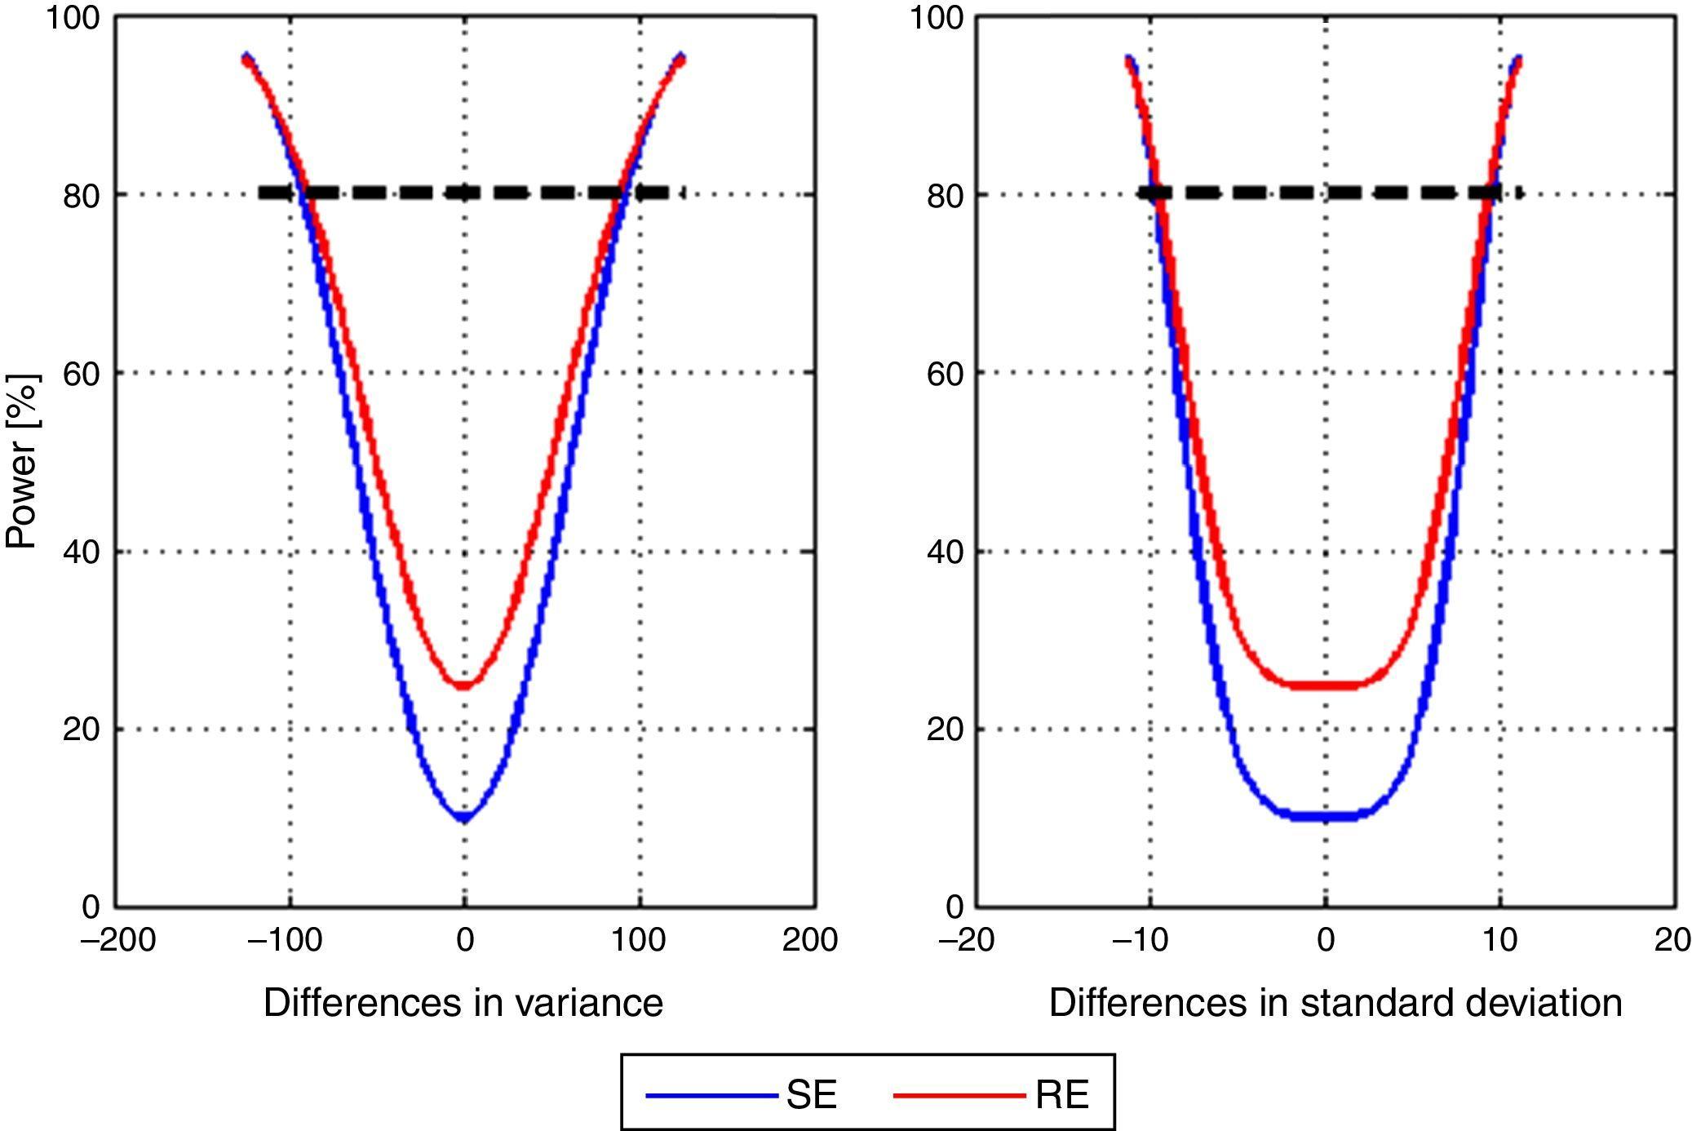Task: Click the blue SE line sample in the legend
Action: [711, 1095]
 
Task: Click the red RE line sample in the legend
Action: [959, 1095]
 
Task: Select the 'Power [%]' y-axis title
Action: [22, 461]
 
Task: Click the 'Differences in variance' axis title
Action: [463, 1002]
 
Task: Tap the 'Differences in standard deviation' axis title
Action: [1335, 1002]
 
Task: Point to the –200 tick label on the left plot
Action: [117, 940]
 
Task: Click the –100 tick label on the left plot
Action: [285, 940]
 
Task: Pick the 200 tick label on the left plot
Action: [809, 940]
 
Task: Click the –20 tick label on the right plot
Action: [966, 940]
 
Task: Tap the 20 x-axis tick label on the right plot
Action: [1672, 940]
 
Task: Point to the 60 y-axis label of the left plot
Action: [82, 374]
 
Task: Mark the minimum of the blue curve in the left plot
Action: [464, 816]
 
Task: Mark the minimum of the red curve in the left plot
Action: [464, 685]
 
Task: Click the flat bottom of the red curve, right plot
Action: [1326, 685]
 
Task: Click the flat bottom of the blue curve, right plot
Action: [1326, 816]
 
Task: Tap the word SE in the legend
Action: [812, 1095]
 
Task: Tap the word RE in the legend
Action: [1062, 1095]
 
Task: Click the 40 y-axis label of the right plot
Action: [946, 552]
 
